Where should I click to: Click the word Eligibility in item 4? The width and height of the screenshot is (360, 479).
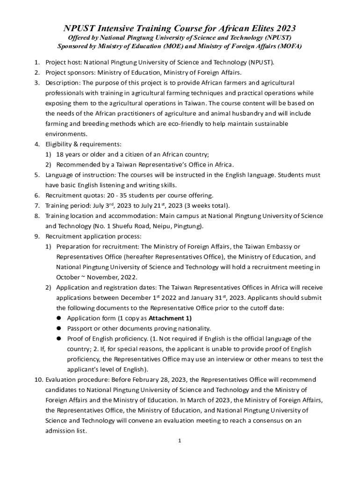tap(59, 144)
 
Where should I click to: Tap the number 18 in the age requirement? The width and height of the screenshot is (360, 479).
tap(60, 154)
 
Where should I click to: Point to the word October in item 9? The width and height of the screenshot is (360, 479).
tap(68, 277)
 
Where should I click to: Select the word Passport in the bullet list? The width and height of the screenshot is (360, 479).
tap(80, 328)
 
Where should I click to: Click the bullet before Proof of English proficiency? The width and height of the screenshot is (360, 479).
tap(59, 339)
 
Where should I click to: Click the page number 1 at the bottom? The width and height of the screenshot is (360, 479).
tap(179, 441)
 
